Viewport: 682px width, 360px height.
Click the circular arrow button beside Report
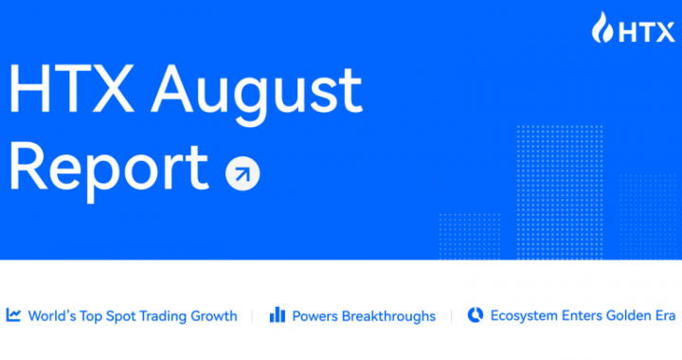(242, 173)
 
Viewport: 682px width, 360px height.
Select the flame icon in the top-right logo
(603, 28)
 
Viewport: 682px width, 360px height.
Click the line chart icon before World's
(14, 315)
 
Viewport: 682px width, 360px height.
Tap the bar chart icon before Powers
(278, 315)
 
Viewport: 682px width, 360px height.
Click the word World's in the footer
(52, 316)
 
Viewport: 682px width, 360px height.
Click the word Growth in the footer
(216, 316)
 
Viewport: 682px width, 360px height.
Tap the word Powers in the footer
(315, 316)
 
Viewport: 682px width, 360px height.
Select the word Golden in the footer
(621, 316)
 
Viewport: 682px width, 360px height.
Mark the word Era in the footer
(662, 316)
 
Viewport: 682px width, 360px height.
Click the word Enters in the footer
(578, 316)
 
